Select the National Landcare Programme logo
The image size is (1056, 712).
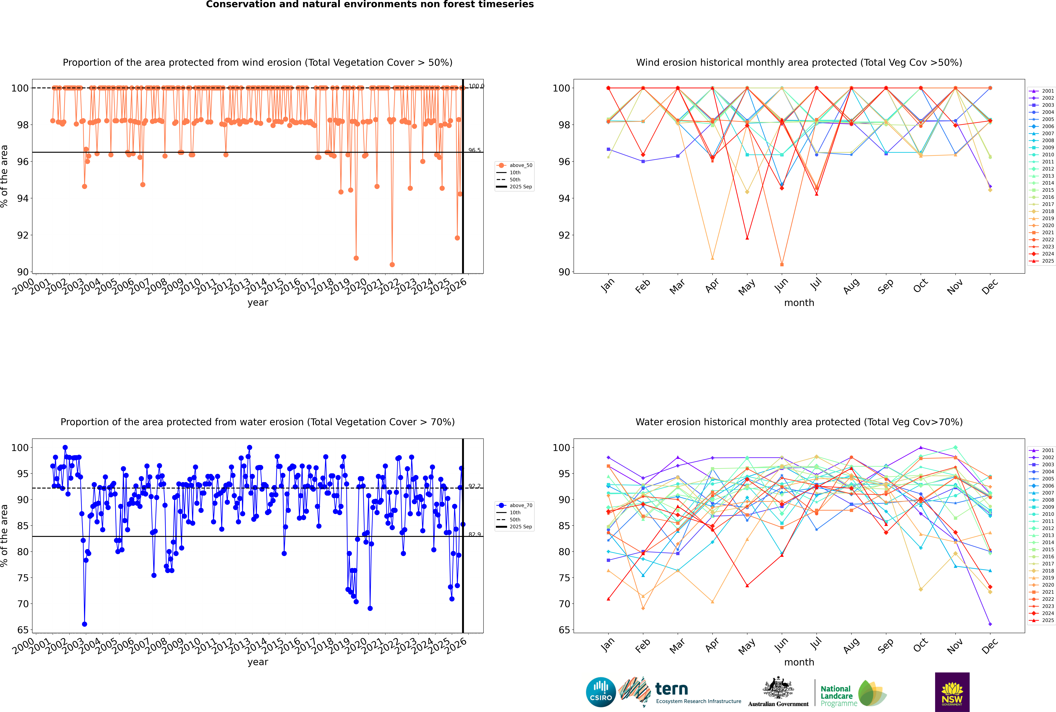click(853, 693)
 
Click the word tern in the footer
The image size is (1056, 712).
click(671, 689)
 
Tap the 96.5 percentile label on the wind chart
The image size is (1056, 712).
click(474, 150)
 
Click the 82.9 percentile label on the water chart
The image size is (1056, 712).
click(474, 535)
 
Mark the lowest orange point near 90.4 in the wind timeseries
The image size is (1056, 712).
click(392, 265)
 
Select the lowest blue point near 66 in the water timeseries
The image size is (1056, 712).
click(84, 624)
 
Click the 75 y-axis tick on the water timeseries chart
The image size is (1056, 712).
click(23, 578)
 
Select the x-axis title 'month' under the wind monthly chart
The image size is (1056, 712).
click(799, 303)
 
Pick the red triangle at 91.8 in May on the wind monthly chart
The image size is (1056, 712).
click(747, 238)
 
